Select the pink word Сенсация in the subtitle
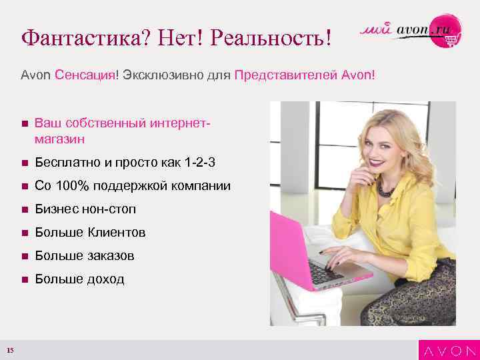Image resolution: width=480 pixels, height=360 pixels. pyautogui.click(x=85, y=75)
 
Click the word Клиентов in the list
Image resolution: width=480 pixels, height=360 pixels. pyautogui.click(x=117, y=233)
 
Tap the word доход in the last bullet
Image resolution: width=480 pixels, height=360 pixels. pyautogui.click(x=104, y=279)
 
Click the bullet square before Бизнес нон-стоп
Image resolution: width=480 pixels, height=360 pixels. pyautogui.click(x=24, y=210)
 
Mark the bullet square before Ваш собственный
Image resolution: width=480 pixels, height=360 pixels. pyautogui.click(x=24, y=124)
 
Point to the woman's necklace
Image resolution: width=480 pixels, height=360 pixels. pyautogui.click(x=385, y=187)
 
